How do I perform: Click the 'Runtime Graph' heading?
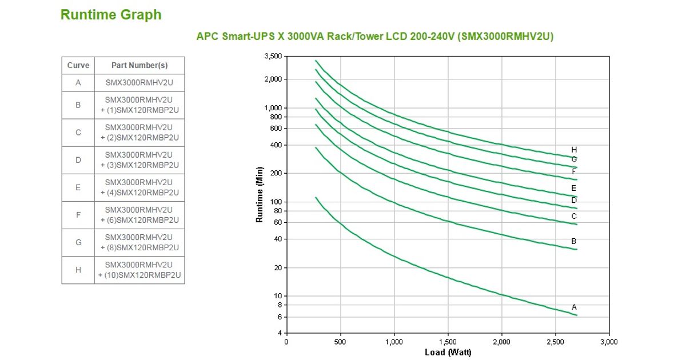point(111,15)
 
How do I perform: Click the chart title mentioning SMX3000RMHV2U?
point(374,36)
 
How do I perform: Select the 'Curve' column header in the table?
point(78,65)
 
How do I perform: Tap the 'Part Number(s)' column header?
point(139,65)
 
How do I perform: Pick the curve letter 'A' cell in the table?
point(78,82)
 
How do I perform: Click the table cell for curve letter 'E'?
point(78,187)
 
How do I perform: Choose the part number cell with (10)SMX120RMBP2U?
point(139,270)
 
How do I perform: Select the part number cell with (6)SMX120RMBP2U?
point(139,215)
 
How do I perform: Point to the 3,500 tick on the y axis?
point(273,56)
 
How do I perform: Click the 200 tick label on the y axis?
point(277,173)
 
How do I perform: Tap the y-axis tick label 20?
point(278,267)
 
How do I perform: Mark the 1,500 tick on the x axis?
point(448,342)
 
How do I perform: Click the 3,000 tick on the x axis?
point(609,342)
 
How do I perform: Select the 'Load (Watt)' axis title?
point(448,352)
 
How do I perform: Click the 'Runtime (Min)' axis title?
point(260,194)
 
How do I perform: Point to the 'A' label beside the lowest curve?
point(574,307)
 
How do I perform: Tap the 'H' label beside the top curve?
point(574,150)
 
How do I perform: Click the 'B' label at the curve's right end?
point(574,242)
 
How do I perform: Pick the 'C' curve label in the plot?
point(574,217)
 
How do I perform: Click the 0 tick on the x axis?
point(286,342)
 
